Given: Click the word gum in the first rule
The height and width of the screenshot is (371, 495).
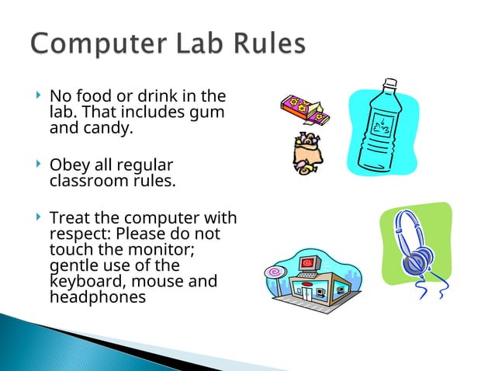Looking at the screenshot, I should (x=209, y=113).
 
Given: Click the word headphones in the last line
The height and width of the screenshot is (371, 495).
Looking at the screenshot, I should (x=97, y=296).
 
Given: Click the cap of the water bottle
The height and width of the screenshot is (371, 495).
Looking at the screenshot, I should (x=390, y=83).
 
